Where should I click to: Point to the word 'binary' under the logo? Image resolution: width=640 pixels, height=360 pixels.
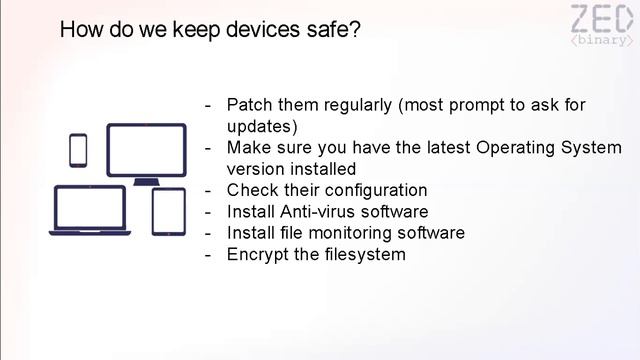pyautogui.click(x=601, y=41)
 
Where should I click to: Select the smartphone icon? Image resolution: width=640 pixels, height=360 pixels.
pyautogui.click(x=78, y=151)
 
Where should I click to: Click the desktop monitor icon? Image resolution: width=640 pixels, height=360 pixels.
pyautogui.click(x=146, y=153)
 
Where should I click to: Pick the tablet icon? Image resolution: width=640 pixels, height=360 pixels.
pyautogui.click(x=168, y=211)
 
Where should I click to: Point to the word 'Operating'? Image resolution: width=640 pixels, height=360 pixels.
pyautogui.click(x=513, y=148)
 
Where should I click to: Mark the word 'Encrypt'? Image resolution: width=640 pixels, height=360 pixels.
pyautogui.click(x=257, y=254)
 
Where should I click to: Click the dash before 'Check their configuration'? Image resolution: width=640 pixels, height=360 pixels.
pyautogui.click(x=208, y=190)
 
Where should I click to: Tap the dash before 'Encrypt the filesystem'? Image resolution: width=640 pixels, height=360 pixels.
pyautogui.click(x=208, y=254)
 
